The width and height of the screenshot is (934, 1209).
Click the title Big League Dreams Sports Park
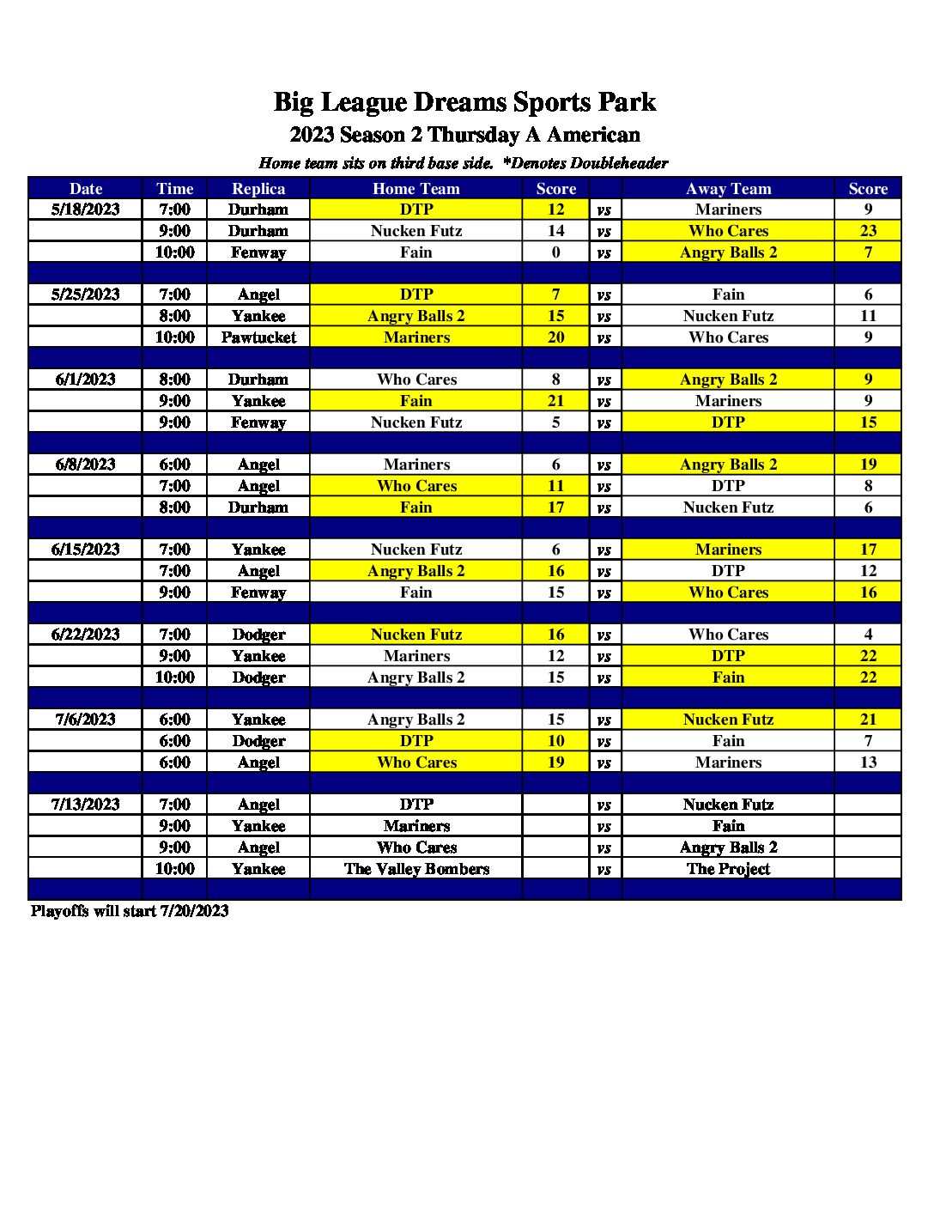coord(464,102)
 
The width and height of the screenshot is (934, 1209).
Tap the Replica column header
coord(258,189)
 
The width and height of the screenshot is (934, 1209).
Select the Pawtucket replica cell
coord(258,337)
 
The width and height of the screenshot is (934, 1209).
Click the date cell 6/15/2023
coord(85,550)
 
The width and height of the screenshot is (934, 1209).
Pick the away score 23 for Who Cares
coord(868,231)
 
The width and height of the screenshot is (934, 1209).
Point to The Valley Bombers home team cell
coord(416,869)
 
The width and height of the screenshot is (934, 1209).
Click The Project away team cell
coord(728,869)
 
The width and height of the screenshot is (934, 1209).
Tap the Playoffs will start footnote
coord(130,911)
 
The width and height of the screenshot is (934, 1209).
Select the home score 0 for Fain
coord(555,252)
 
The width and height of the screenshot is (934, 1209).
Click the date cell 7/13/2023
coord(85,805)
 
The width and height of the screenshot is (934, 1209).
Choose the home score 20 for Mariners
coord(555,337)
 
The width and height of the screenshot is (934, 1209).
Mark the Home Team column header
coord(416,189)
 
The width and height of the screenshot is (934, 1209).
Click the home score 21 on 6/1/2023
coord(555,401)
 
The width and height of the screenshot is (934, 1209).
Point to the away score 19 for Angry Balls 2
coord(868,465)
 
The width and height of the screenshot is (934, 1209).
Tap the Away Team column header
coord(728,189)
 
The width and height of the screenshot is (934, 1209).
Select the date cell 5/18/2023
coord(85,210)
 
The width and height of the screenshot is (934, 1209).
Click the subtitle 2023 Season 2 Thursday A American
coord(464,135)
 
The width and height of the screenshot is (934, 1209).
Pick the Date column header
coord(85,189)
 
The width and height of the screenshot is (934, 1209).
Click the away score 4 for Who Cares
coord(868,635)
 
